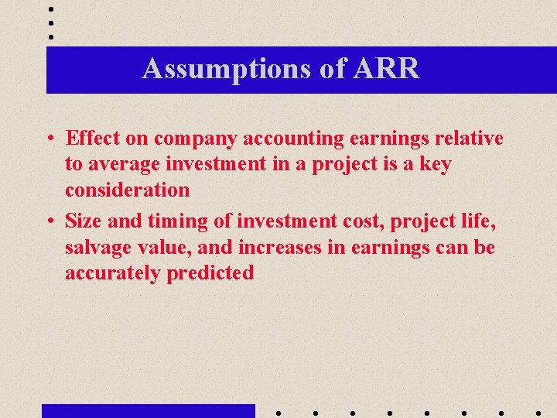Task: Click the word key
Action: point(434,164)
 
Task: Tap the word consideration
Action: point(128,190)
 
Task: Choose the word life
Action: point(480,221)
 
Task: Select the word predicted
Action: point(210,272)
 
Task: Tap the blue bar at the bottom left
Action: point(148,410)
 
